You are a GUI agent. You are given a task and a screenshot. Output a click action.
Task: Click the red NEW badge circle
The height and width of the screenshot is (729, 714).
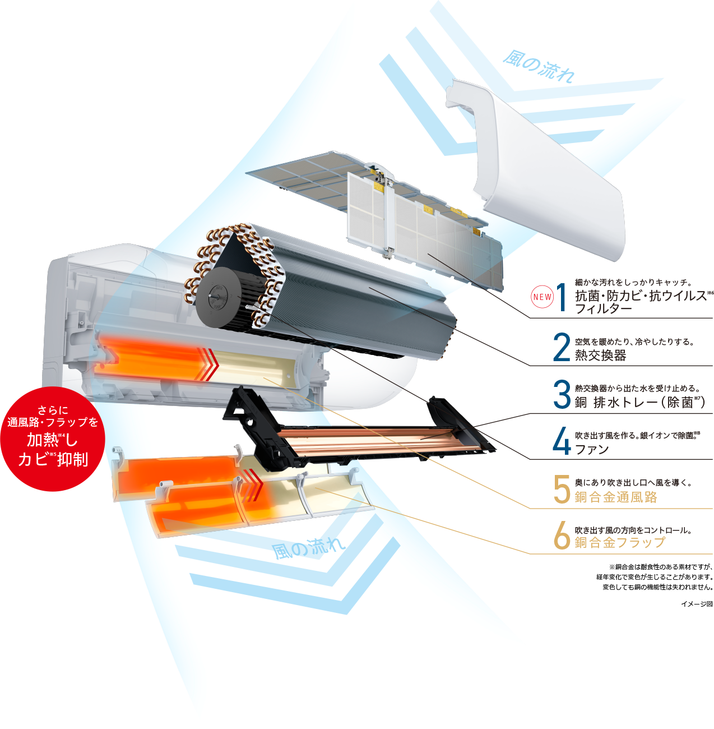[542, 297]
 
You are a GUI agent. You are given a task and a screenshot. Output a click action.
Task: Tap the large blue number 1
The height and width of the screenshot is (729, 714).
[562, 297]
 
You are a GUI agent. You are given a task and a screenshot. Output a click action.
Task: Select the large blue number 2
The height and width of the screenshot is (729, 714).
[562, 347]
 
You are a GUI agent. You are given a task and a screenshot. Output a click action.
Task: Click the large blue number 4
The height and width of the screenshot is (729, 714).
[562, 441]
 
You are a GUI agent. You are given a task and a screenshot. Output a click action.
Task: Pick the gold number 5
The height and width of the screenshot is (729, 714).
[562, 489]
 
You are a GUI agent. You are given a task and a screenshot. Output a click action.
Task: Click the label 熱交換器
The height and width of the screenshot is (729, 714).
[601, 355]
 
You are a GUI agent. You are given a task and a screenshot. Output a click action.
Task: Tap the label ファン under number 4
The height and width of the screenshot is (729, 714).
[592, 449]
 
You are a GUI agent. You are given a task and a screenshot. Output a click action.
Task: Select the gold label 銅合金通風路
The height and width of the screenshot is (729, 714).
[616, 497]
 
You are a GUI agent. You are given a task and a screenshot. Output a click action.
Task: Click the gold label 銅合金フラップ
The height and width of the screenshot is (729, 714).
[620, 542]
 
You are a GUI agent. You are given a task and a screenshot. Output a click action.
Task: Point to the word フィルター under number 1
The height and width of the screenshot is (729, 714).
[603, 308]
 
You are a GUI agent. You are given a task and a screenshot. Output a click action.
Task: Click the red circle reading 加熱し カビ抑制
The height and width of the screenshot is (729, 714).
[53, 439]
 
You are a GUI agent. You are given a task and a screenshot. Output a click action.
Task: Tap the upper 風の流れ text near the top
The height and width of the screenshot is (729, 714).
[539, 67]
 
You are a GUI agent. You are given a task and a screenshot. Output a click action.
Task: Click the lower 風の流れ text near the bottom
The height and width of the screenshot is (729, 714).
[309, 547]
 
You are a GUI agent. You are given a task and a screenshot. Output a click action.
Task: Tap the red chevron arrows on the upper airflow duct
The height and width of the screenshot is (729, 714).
[208, 364]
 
